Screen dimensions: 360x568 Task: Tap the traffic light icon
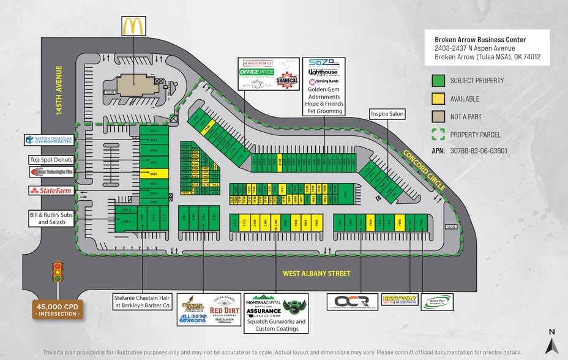pos(58,272)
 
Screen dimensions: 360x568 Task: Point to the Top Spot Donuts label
pos(51,160)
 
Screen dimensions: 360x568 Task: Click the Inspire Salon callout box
pos(387,114)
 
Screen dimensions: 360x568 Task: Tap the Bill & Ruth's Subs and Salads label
pos(51,218)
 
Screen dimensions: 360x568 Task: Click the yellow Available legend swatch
pos(438,99)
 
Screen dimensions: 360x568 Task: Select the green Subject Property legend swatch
pos(438,81)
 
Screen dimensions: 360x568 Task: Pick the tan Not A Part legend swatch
pos(438,116)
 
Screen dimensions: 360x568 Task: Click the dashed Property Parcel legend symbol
pos(438,134)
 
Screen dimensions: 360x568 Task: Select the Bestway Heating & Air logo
pos(399,301)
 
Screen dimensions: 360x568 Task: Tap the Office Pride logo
pos(256,73)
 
